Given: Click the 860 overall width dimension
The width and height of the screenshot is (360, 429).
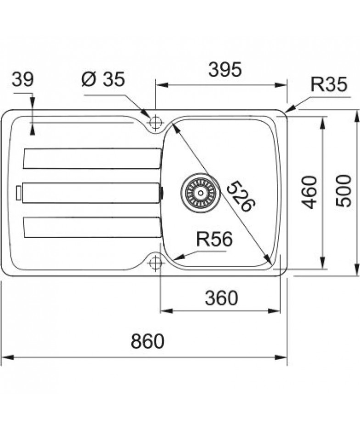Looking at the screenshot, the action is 147,341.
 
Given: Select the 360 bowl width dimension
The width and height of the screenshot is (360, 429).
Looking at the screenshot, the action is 221,298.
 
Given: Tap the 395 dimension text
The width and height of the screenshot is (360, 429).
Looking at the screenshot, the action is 225,69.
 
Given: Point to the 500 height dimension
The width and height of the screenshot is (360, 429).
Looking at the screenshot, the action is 343,191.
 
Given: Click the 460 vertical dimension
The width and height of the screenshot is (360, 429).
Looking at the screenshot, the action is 309,192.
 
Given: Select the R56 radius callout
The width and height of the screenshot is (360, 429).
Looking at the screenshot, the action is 214,239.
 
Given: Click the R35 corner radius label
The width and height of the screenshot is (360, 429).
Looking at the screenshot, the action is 329,84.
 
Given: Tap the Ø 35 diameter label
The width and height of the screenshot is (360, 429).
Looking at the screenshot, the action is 103,79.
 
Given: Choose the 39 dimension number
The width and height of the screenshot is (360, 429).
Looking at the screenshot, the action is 22,80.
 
